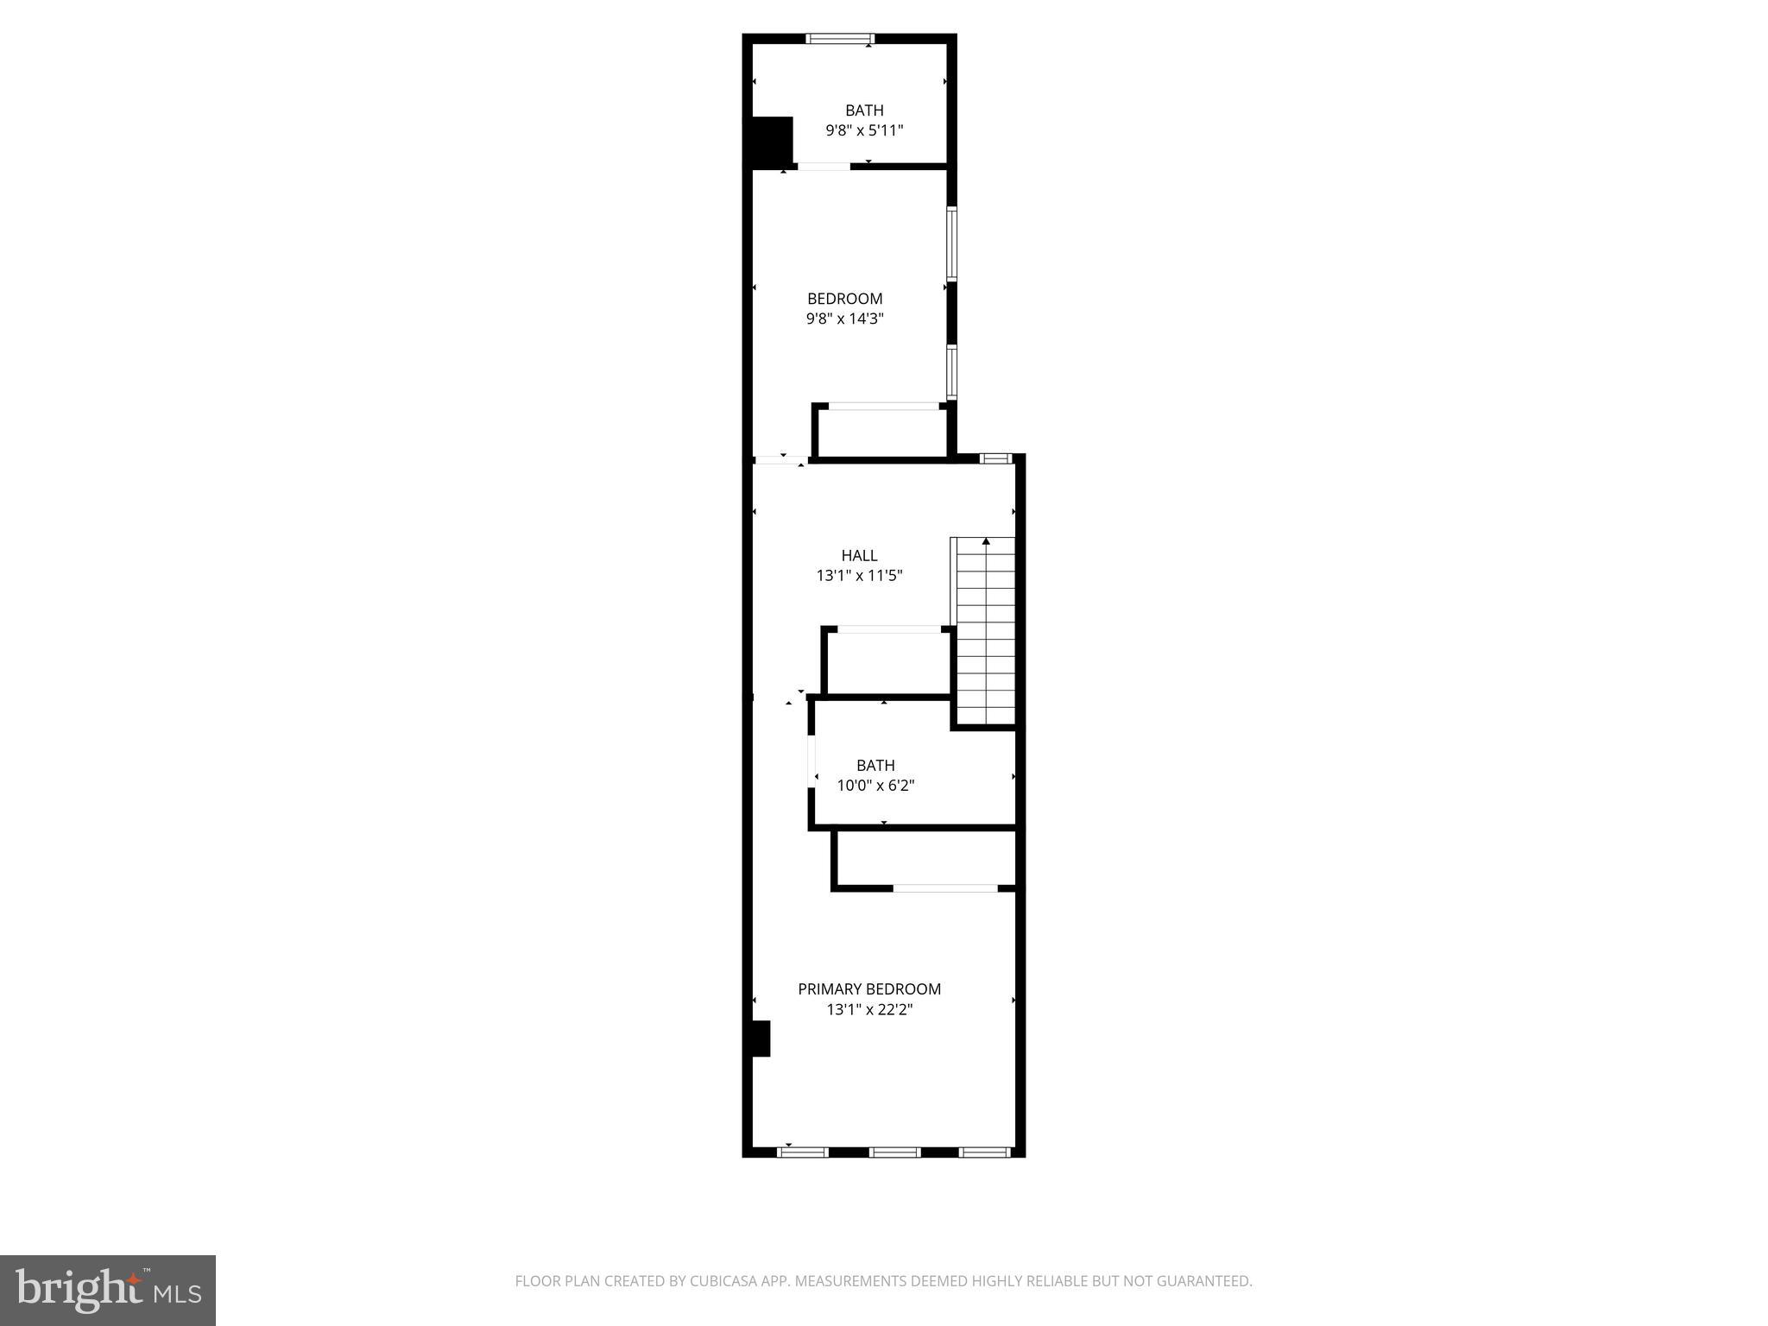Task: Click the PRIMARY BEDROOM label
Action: [868, 988]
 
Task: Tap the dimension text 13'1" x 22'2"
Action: [868, 1009]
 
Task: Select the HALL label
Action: [859, 555]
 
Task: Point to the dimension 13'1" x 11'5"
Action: [859, 576]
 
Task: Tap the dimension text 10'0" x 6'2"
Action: [875, 786]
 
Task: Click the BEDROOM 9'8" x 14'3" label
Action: [844, 299]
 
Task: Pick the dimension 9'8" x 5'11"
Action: [864, 131]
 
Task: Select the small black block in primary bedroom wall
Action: [759, 1038]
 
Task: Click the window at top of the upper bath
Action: [840, 38]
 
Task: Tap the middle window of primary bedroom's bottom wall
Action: [894, 1152]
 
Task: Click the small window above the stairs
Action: [996, 458]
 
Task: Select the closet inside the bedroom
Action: [881, 433]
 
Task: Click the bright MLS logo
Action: [107, 1290]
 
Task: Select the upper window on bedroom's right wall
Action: [951, 243]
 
